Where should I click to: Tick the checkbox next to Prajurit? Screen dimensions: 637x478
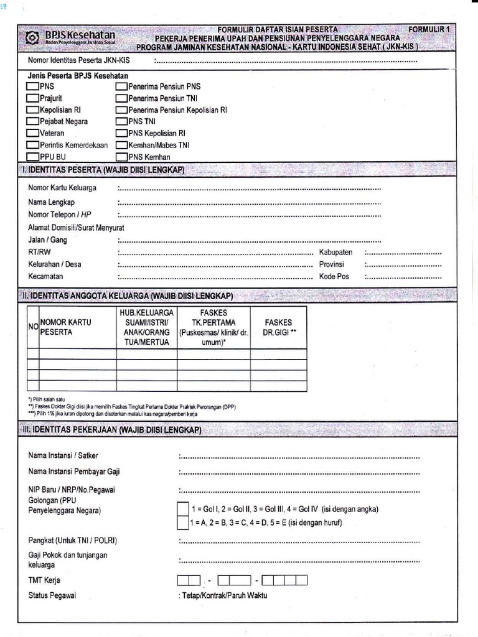(32, 98)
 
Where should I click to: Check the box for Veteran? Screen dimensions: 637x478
(32, 133)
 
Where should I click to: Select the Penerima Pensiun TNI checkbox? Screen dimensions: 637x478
(121, 98)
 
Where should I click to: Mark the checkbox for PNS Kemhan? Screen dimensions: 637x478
(121, 157)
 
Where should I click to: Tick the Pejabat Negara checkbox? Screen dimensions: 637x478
(32, 122)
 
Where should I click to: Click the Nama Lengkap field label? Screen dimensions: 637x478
(52, 202)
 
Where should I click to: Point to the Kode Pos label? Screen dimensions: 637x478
(334, 276)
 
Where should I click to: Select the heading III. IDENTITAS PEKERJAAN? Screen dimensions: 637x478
(115, 430)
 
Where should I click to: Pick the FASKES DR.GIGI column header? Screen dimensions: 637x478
(278, 327)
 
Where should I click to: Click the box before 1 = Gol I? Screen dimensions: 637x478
(182, 508)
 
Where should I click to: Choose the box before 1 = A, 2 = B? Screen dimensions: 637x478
(182, 522)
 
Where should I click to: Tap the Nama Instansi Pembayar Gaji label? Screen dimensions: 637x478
(74, 472)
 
